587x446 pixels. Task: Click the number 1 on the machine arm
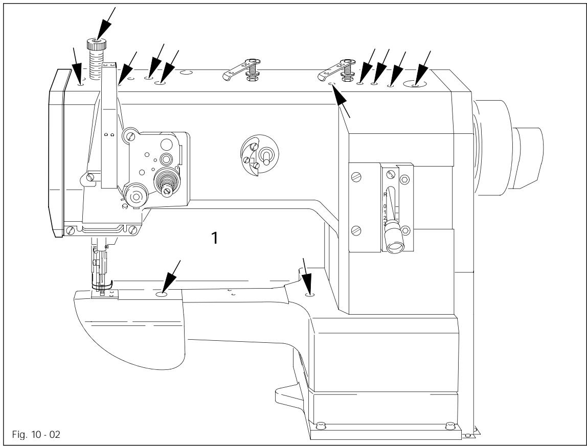pos(217,238)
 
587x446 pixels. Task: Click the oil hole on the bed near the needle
pos(162,295)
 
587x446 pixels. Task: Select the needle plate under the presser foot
pos(104,293)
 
